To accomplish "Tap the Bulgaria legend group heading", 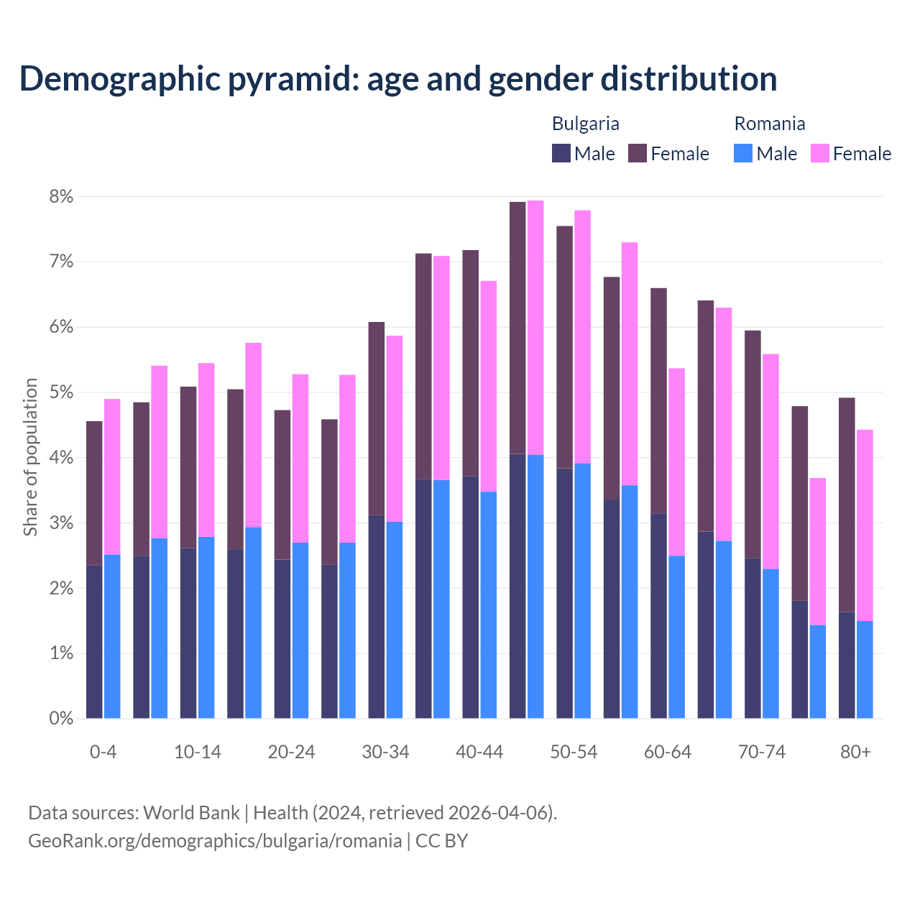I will (585, 124).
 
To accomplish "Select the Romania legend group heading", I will (769, 124).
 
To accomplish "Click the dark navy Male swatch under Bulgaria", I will (561, 153).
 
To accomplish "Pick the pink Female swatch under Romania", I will (819, 153).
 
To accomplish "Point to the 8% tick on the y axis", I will (61, 197).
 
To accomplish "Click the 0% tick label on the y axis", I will (61, 719).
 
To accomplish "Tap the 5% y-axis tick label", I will (61, 392).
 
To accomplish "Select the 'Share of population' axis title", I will (31, 457).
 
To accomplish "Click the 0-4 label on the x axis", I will (103, 753).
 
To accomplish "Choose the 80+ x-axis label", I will (855, 753).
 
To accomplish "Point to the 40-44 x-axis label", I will (479, 753).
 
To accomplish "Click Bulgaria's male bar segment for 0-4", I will (94, 642).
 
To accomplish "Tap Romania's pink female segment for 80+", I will (865, 525).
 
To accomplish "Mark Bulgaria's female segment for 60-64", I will (658, 400).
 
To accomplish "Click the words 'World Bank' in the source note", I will (191, 813).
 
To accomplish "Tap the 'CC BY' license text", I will (441, 841).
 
